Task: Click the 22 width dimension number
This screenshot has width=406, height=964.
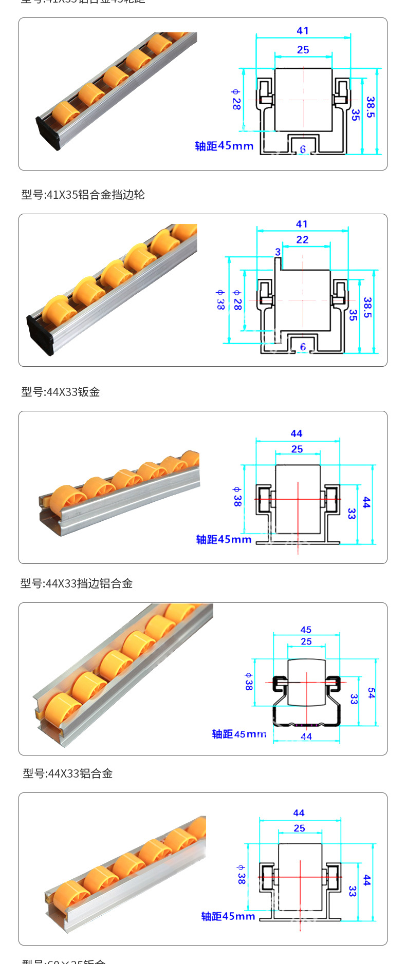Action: pos(302,240)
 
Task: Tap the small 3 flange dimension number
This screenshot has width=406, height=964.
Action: pos(278,252)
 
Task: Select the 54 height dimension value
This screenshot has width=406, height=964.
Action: pos(371,693)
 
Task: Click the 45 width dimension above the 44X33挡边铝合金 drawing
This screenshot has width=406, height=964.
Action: pos(306,630)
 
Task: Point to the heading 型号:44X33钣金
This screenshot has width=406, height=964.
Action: pos(61,392)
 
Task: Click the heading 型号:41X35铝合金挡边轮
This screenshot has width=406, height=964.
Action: pos(83,195)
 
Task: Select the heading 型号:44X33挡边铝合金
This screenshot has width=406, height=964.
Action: pos(77,583)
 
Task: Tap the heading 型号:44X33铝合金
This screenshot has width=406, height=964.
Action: pos(67,773)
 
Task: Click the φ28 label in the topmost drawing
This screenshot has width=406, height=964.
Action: pos(236,99)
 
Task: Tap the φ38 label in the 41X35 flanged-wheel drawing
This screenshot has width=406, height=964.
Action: pos(220,299)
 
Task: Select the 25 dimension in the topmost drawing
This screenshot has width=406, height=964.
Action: pos(303,50)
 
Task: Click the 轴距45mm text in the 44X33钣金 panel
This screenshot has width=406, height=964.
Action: pos(224,539)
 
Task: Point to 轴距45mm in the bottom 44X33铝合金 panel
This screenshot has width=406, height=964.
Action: pos(228,916)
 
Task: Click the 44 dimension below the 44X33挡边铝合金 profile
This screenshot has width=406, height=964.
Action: pos(306,736)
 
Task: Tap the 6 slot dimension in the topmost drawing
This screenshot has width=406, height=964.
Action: pos(303,149)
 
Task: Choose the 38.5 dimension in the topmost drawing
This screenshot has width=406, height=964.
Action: pos(371,107)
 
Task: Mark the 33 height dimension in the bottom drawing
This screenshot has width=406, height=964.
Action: pos(352,891)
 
